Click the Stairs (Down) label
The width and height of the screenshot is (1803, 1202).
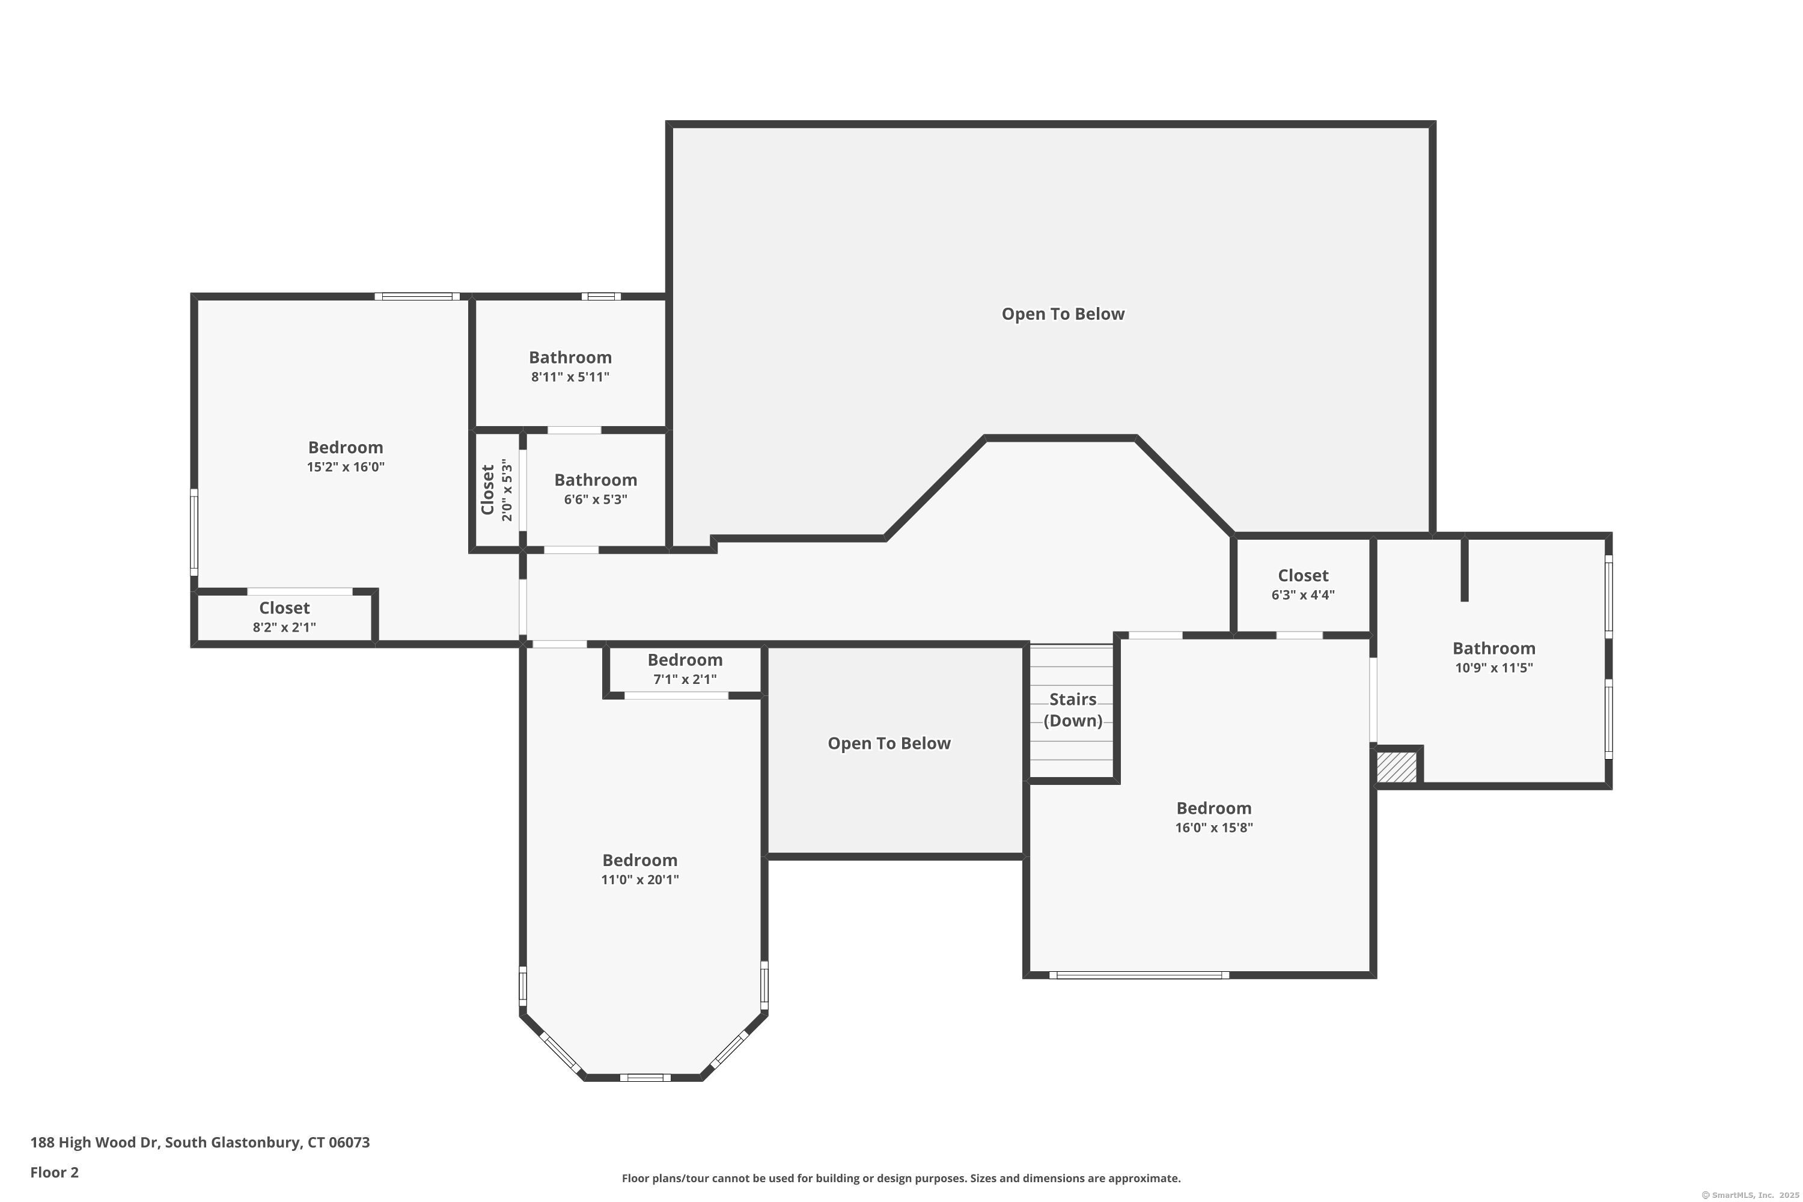[x=1072, y=710]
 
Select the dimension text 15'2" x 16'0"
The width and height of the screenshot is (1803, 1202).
[x=346, y=467]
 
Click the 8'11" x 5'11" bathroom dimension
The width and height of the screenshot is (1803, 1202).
[x=570, y=377]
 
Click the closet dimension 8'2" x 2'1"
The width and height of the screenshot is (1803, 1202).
[x=284, y=627]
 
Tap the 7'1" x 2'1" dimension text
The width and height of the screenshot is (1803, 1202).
[x=685, y=679]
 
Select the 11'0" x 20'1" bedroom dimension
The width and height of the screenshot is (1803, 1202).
[x=640, y=879]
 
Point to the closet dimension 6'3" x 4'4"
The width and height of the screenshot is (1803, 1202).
[x=1303, y=595]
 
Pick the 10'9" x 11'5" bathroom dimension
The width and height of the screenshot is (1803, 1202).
[x=1494, y=668]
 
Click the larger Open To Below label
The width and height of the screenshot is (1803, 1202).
[x=1063, y=314]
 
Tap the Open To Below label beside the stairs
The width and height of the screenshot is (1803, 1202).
[x=889, y=743]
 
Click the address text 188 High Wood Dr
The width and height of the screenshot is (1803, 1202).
[x=95, y=1143]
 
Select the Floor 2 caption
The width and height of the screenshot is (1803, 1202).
[x=55, y=1172]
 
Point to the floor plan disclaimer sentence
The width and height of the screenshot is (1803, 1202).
[x=901, y=1178]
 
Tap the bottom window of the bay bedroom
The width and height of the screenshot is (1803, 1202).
[x=645, y=1078]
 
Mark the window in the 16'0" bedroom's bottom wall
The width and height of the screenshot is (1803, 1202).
[x=1139, y=975]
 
